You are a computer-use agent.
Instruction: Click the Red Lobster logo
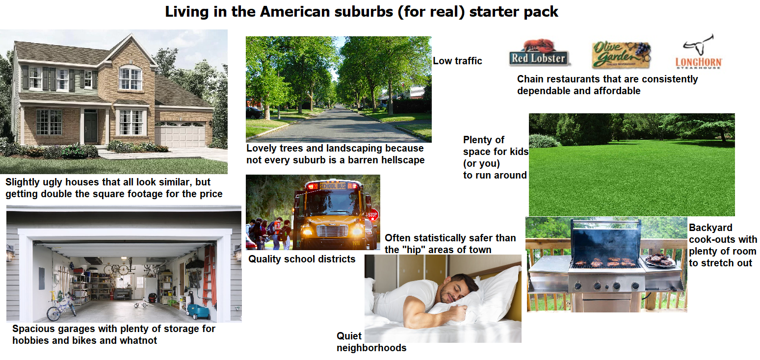point(538,54)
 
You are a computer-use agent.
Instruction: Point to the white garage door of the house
point(180,135)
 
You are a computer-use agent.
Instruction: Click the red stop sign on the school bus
point(373,215)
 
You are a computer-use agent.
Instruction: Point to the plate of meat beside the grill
point(658,260)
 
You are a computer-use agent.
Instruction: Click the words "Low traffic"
point(457,61)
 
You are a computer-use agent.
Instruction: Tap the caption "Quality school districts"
point(302,259)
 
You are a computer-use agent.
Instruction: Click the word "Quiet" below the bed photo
point(349,336)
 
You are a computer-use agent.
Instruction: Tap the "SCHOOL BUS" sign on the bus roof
point(333,186)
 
